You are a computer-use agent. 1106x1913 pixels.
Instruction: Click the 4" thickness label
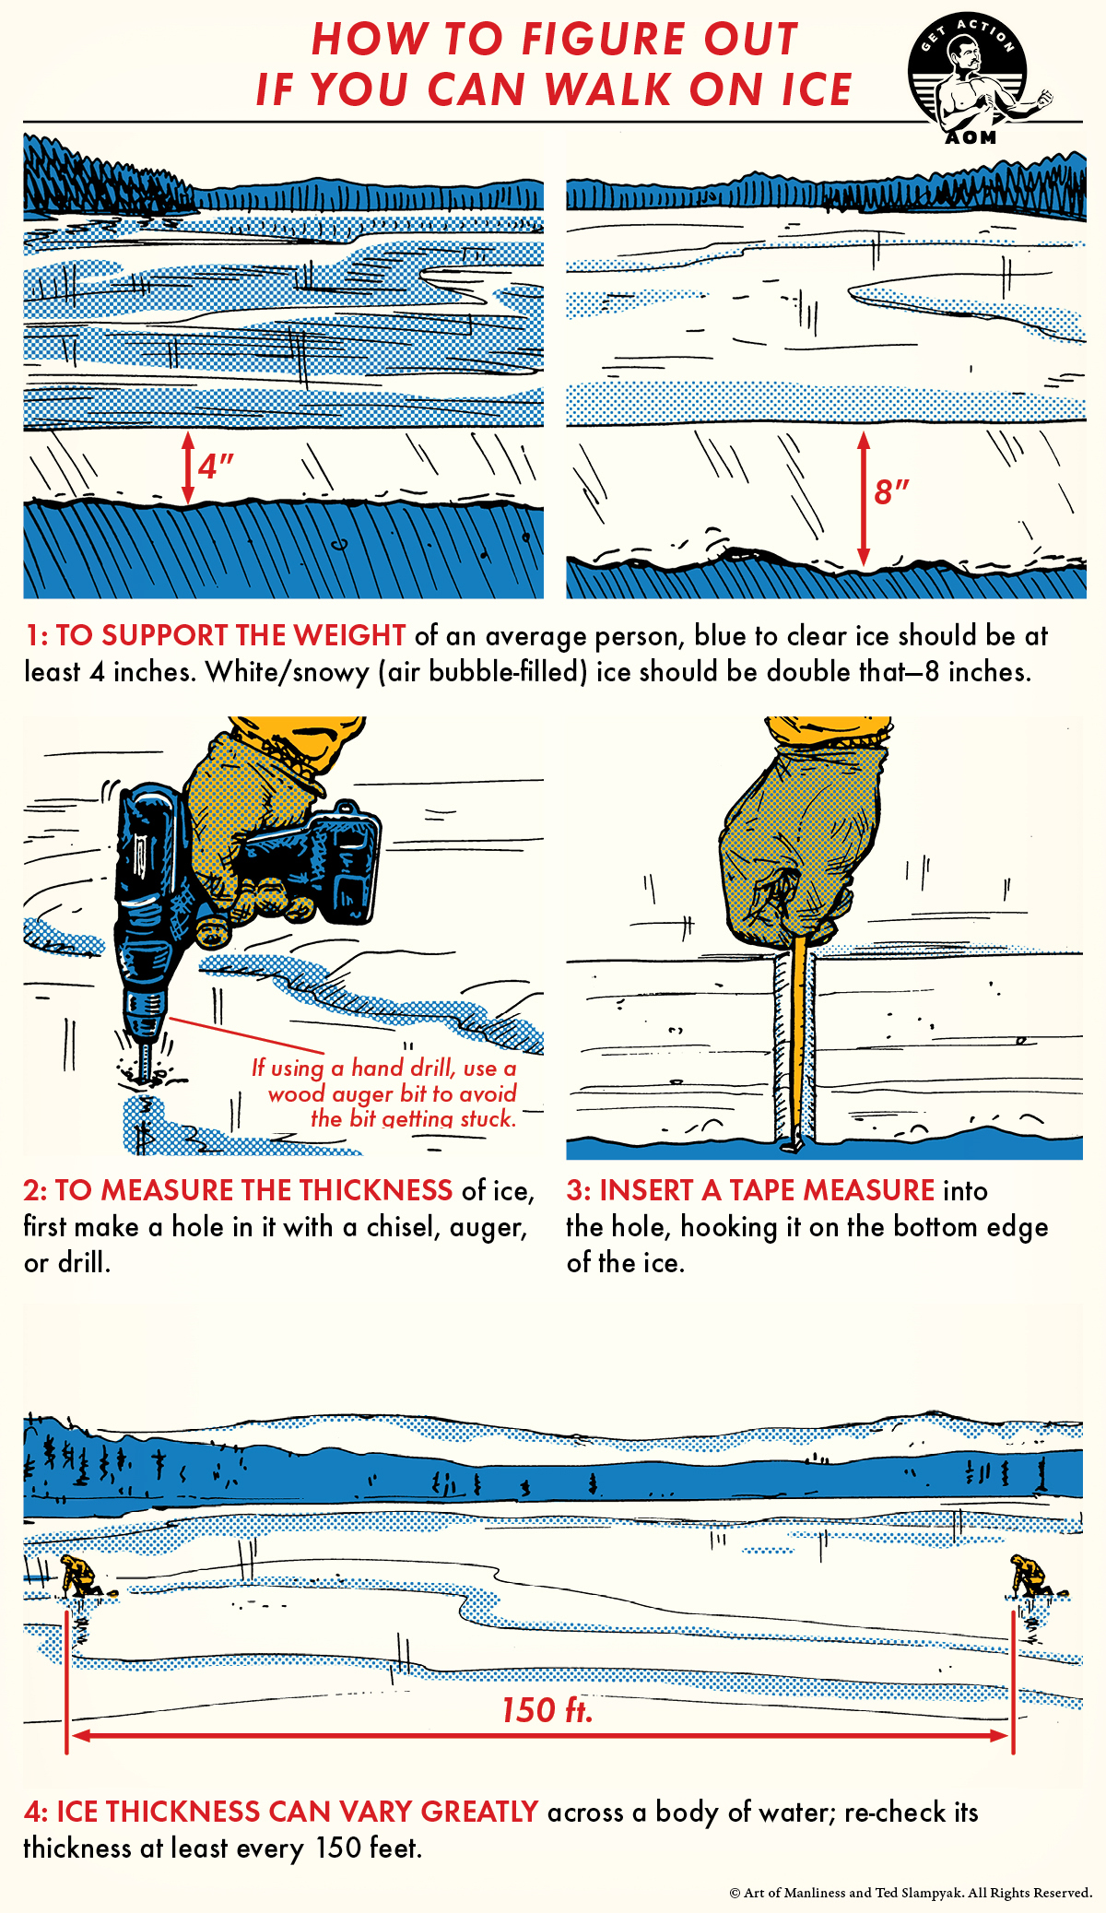pos(216,466)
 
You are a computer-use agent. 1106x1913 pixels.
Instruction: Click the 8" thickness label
pos(891,491)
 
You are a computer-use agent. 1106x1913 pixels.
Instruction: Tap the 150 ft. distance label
pos(547,1710)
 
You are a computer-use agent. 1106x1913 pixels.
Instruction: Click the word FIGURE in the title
pos(601,39)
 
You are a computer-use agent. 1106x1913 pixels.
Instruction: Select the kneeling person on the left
pos(81,1576)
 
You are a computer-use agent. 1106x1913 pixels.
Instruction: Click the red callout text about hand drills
pos(385,1093)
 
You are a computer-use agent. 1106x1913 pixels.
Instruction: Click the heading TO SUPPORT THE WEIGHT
pos(230,635)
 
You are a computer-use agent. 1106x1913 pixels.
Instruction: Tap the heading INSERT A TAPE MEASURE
pos(767,1190)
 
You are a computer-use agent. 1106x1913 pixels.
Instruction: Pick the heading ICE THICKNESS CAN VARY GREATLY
pos(297,1812)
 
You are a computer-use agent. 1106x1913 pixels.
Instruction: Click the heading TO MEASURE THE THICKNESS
pos(253,1190)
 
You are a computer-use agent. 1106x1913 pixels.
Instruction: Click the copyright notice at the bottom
pos(911,1893)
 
